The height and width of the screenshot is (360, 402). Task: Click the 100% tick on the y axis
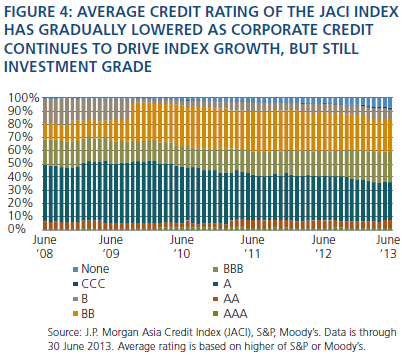tap(23, 98)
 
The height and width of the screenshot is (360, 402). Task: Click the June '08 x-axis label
tap(45, 247)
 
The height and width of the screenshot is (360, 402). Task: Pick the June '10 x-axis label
tap(182, 247)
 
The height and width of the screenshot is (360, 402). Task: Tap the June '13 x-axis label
tap(388, 247)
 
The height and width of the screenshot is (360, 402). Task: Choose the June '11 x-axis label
tap(253, 247)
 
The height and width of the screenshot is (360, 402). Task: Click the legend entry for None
tap(91, 269)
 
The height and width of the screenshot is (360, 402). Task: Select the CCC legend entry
tap(89, 284)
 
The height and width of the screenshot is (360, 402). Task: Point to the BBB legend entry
tap(229, 269)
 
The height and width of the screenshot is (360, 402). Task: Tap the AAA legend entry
tap(231, 314)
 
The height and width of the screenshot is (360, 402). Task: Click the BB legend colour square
tap(75, 314)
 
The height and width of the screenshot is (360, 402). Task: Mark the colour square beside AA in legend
tap(216, 299)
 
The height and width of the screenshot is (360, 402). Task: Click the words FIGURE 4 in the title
tap(36, 12)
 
